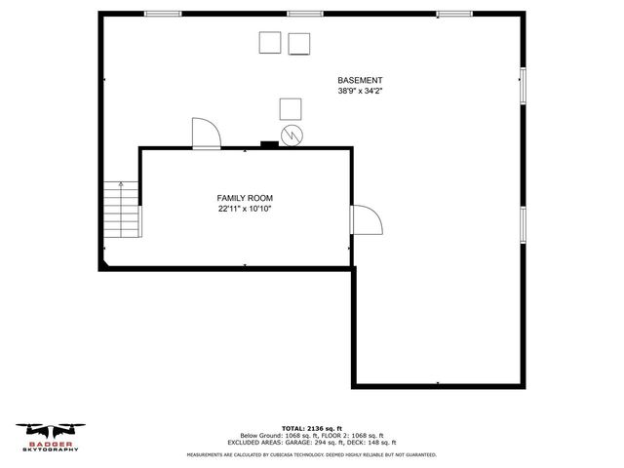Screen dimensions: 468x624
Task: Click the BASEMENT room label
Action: pyautogui.click(x=360, y=80)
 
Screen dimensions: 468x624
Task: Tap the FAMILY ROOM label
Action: pyautogui.click(x=244, y=198)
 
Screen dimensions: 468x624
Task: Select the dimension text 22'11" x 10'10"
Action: pyautogui.click(x=244, y=209)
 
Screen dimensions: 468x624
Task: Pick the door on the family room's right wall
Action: pyautogui.click(x=367, y=221)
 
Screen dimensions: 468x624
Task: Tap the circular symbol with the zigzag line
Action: pyautogui.click(x=291, y=134)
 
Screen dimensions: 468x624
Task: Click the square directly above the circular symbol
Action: pyautogui.click(x=291, y=108)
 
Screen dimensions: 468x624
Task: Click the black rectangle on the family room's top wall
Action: pyautogui.click(x=269, y=146)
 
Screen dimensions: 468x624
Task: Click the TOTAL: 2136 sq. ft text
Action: pyautogui.click(x=311, y=428)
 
